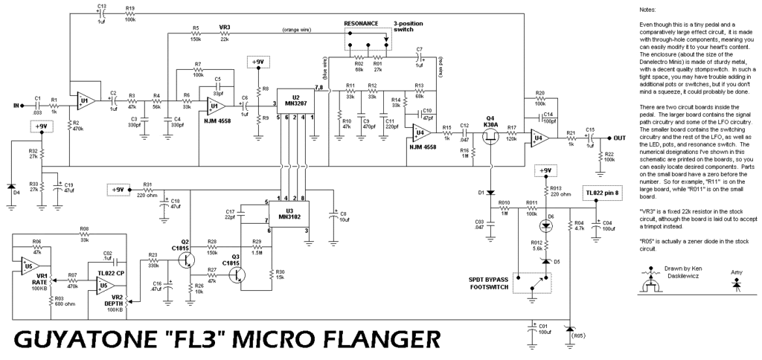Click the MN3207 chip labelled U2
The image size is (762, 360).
click(x=295, y=103)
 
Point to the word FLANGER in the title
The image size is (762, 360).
click(x=371, y=340)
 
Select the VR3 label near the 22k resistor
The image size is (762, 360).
click(x=224, y=28)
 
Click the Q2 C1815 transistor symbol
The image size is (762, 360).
click(x=186, y=258)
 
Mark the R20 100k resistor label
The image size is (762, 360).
click(x=540, y=97)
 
